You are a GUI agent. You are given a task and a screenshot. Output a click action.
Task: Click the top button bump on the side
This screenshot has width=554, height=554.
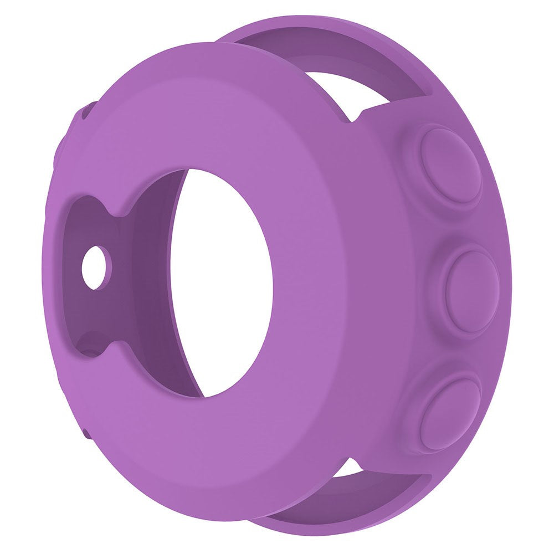[450, 165]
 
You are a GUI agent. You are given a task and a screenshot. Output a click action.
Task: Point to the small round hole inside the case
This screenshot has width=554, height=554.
[96, 268]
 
